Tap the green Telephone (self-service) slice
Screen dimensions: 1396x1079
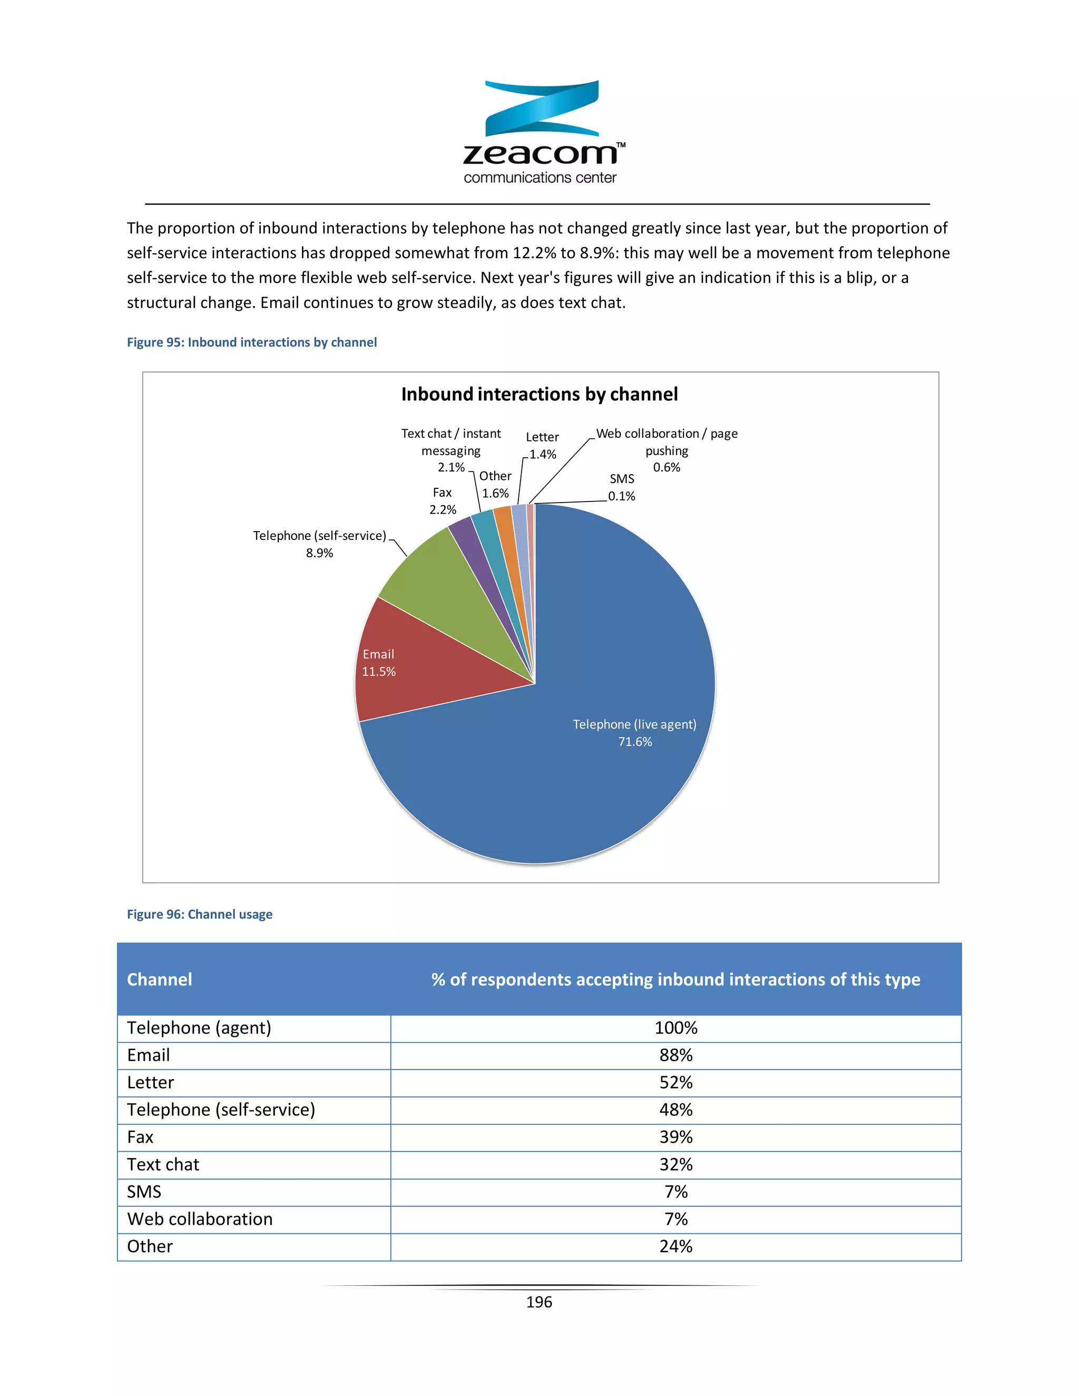(447, 588)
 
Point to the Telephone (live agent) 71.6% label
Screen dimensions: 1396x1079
(634, 733)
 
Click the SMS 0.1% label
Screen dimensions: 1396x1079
(621, 487)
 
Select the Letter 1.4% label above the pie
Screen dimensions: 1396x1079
(542, 446)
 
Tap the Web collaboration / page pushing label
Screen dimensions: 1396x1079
(666, 450)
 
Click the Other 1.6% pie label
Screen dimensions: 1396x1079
(495, 485)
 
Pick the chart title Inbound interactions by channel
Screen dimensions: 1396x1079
(539, 395)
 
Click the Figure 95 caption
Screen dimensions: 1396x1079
(252, 342)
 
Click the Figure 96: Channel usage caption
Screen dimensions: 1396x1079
(200, 914)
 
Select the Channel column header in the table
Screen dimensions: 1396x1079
(160, 979)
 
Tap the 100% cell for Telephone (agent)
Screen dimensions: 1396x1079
(675, 1028)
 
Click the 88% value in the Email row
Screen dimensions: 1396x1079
(675, 1055)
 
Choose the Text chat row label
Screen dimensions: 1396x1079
(163, 1165)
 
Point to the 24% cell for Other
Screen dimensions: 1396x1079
(675, 1246)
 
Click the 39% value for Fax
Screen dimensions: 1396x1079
(675, 1137)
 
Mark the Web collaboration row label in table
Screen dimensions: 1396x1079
(200, 1219)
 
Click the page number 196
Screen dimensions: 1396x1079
(539, 1302)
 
